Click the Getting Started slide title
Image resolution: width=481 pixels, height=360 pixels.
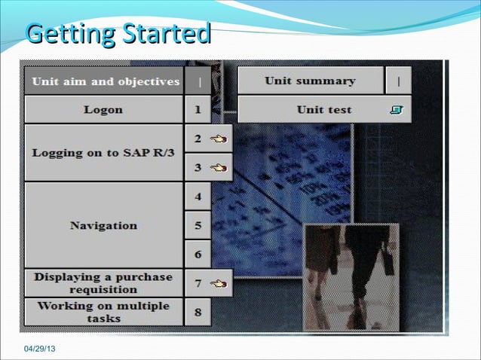click(117, 34)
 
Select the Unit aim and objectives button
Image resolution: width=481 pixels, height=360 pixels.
click(105, 81)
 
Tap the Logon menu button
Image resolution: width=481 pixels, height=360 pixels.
click(103, 110)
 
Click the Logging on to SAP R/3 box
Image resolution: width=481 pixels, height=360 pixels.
click(103, 153)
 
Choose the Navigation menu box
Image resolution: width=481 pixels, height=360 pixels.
click(103, 225)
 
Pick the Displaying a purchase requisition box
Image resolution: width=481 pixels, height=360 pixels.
click(103, 283)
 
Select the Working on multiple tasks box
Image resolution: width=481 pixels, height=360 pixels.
click(103, 312)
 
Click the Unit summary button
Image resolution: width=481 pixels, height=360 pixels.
click(310, 81)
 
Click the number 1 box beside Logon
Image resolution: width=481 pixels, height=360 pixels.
click(198, 110)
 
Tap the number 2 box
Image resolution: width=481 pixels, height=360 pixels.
click(198, 139)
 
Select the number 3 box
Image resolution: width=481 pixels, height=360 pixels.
click(198, 167)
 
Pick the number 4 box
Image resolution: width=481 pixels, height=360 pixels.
click(198, 197)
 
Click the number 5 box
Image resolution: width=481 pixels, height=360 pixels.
click(198, 225)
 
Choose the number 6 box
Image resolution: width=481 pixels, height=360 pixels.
click(198, 255)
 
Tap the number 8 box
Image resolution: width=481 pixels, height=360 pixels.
click(198, 312)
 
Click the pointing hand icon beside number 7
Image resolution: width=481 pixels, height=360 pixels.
click(218, 283)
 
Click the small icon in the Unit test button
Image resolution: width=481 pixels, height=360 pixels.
click(397, 110)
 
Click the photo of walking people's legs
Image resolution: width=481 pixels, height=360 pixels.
click(351, 276)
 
